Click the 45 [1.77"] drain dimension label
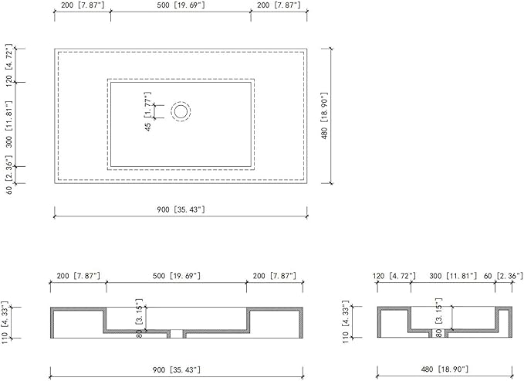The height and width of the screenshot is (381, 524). tap(148, 111)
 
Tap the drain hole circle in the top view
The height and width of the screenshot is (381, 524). tap(181, 111)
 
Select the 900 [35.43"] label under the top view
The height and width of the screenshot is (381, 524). tap(181, 209)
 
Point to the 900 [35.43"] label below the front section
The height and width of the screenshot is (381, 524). tap(177, 370)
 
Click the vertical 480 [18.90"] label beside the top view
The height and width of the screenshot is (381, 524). tap(324, 116)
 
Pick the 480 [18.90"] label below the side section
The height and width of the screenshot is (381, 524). tap(445, 369)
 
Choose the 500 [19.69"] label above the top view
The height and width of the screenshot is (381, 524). tap(181, 5)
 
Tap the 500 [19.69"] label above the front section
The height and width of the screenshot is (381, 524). tap(177, 276)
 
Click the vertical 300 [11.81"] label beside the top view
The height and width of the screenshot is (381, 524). tap(9, 124)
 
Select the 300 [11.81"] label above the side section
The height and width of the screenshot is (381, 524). tap(453, 276)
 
